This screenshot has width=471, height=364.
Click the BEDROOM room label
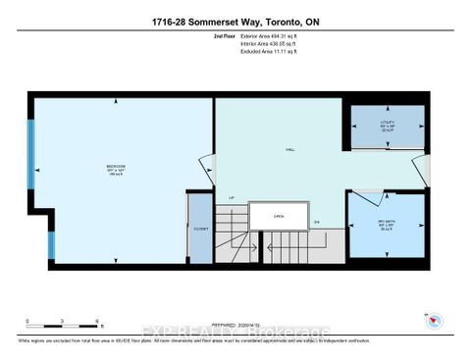click(116, 168)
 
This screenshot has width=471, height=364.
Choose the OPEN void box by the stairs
click(279, 217)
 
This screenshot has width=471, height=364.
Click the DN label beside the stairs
click(317, 222)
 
